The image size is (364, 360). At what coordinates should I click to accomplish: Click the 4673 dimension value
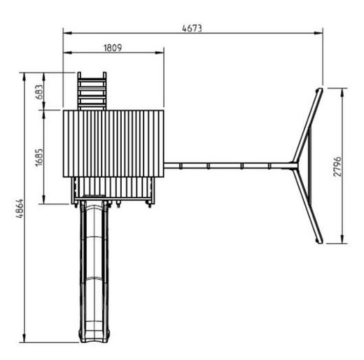click(192, 28)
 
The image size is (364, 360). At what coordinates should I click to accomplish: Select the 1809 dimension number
click(113, 48)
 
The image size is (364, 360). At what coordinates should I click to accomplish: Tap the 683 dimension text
click(39, 92)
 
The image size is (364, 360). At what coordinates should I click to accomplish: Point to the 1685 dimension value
click(39, 158)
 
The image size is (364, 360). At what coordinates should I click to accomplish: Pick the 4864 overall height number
click(20, 209)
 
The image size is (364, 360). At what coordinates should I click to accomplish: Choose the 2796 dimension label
click(337, 167)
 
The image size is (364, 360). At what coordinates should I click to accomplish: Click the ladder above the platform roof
click(92, 91)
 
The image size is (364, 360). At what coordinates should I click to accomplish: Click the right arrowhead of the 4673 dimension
click(318, 33)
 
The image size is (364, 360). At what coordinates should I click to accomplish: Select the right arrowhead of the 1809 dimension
click(160, 53)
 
